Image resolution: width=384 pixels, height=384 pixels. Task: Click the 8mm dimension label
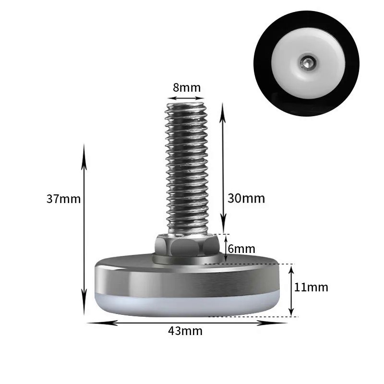187,87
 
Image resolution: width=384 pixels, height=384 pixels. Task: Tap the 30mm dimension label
246,198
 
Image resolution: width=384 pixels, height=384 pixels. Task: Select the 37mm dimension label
63,199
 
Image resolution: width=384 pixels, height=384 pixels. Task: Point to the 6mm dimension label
241,249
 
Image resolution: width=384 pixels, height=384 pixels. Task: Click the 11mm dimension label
311,287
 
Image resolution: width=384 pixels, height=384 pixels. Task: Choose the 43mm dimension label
185,331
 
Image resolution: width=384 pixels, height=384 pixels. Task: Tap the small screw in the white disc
307,62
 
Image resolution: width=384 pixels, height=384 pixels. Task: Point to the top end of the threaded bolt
186,104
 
